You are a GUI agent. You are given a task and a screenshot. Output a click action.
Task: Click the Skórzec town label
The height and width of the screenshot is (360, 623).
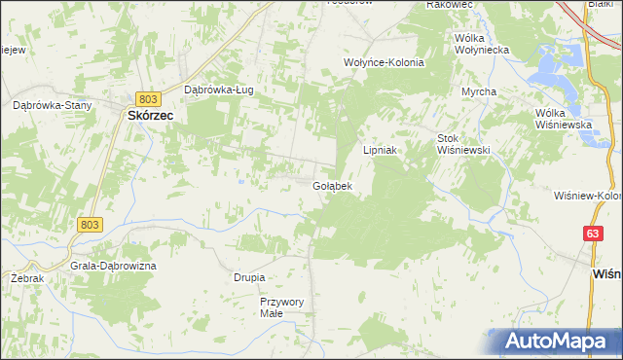150,115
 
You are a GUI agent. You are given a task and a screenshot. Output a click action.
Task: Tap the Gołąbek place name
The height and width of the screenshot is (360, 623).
332,185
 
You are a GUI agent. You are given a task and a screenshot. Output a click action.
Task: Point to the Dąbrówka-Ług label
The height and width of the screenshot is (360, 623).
219,90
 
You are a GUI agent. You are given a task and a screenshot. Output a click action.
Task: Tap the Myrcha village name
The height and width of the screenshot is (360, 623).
479,91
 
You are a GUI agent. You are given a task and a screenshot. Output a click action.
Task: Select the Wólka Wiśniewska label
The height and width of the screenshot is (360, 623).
564,119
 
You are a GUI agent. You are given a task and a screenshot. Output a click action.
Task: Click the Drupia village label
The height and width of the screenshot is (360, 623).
249,277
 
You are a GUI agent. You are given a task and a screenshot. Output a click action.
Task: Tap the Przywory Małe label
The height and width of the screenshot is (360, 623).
282,307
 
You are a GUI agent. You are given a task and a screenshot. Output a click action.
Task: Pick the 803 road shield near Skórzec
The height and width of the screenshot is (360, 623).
148,99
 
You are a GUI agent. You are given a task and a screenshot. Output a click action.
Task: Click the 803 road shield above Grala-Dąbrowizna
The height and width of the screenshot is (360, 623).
90,225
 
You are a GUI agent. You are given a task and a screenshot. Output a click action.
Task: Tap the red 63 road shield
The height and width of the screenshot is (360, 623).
593,234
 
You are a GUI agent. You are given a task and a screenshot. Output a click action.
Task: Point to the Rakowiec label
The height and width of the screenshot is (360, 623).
450,5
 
